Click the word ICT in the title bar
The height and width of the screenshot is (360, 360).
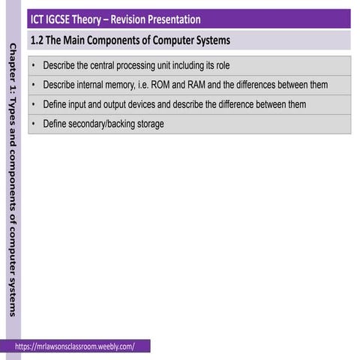(x=38, y=19)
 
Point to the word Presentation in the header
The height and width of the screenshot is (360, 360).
(x=181, y=19)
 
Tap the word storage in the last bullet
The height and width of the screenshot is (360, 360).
(x=150, y=124)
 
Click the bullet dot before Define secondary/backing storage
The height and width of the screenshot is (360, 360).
(x=34, y=124)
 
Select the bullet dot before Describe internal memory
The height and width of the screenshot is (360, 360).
(x=34, y=85)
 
